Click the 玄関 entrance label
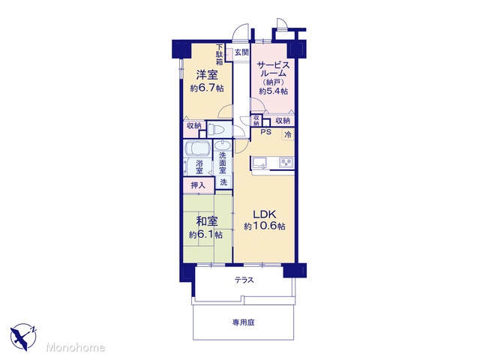(x=241, y=52)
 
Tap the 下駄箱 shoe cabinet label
(x=220, y=55)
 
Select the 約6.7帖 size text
(x=207, y=88)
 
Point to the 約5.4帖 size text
(x=273, y=91)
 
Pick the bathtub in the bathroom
(x=198, y=148)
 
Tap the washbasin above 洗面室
(x=223, y=145)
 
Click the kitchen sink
(x=259, y=162)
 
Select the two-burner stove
(x=286, y=162)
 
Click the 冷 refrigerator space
(x=288, y=134)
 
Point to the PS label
(x=266, y=132)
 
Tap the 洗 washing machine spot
(x=223, y=182)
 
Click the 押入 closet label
(x=198, y=185)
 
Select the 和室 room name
(x=207, y=221)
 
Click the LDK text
(x=264, y=214)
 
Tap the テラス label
(x=244, y=280)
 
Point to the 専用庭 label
(x=243, y=322)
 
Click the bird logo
(x=23, y=337)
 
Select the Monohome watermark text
(x=76, y=347)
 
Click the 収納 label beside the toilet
(x=194, y=125)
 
